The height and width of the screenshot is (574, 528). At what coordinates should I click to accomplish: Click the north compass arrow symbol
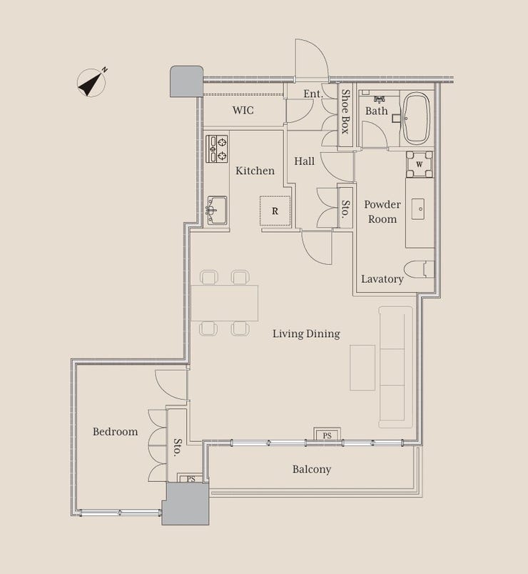tap(91, 82)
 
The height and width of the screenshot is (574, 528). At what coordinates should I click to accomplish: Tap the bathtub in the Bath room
tap(416, 119)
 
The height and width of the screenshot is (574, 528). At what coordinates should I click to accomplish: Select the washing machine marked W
tap(420, 164)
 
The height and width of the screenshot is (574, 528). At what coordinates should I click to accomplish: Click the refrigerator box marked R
tap(275, 211)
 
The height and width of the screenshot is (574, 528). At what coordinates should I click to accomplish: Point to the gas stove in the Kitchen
tap(217, 148)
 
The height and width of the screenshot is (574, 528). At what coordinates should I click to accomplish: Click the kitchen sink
tap(217, 210)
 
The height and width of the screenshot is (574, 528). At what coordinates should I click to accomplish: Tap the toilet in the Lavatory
tap(420, 269)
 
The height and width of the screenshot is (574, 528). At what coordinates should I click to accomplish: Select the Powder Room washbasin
tap(418, 209)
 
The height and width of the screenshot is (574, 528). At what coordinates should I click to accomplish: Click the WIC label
tap(243, 110)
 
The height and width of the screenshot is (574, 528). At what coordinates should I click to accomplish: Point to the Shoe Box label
tap(345, 112)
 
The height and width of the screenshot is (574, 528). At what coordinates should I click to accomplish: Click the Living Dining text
tap(306, 334)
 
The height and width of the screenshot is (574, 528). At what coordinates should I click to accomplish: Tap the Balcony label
tap(312, 469)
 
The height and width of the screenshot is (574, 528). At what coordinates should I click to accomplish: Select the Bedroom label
tap(116, 432)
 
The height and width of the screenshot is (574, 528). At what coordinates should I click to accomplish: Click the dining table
tap(224, 303)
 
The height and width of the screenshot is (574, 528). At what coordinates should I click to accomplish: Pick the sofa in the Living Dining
tap(396, 367)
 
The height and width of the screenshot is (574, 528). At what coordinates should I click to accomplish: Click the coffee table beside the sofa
tap(362, 368)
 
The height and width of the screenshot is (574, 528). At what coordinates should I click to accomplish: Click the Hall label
tap(305, 161)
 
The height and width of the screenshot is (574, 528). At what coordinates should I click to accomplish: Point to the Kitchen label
tap(255, 171)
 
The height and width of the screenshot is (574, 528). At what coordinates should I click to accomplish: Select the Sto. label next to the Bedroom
tap(177, 447)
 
